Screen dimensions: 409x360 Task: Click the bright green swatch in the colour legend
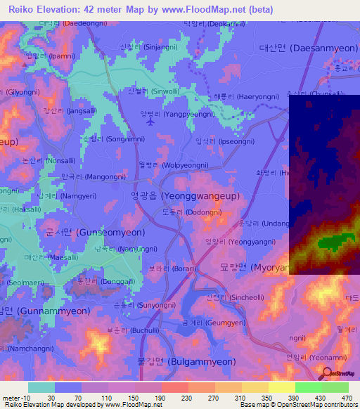[x=309, y=387]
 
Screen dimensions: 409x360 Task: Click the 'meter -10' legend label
[x=15, y=397]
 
